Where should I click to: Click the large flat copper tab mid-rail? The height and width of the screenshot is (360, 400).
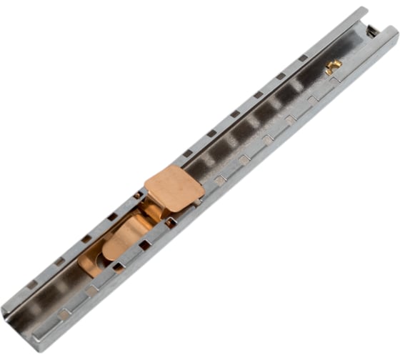[174, 187]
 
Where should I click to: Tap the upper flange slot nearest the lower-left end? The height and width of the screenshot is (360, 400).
[33, 284]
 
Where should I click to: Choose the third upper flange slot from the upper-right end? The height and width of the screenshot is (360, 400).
[258, 94]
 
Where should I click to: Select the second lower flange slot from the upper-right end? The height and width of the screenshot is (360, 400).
[312, 101]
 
